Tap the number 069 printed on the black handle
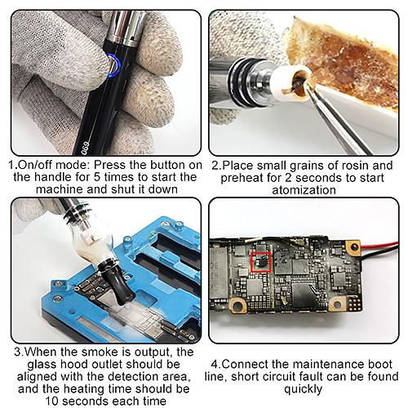(x=86, y=148)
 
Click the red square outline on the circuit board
(x=261, y=262)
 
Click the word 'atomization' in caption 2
(x=304, y=190)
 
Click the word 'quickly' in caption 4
(x=303, y=389)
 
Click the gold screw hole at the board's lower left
(x=237, y=306)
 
